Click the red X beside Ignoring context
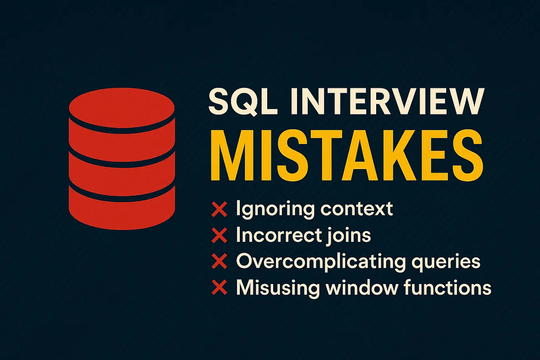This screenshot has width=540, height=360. tap(219, 209)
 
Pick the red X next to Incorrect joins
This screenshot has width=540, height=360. tap(219, 235)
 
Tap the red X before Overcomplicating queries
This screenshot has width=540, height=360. tap(219, 261)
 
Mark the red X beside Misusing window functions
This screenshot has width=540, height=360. tap(219, 287)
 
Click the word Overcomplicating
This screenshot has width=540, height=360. tap(321, 262)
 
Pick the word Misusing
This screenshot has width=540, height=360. tap(278, 287)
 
